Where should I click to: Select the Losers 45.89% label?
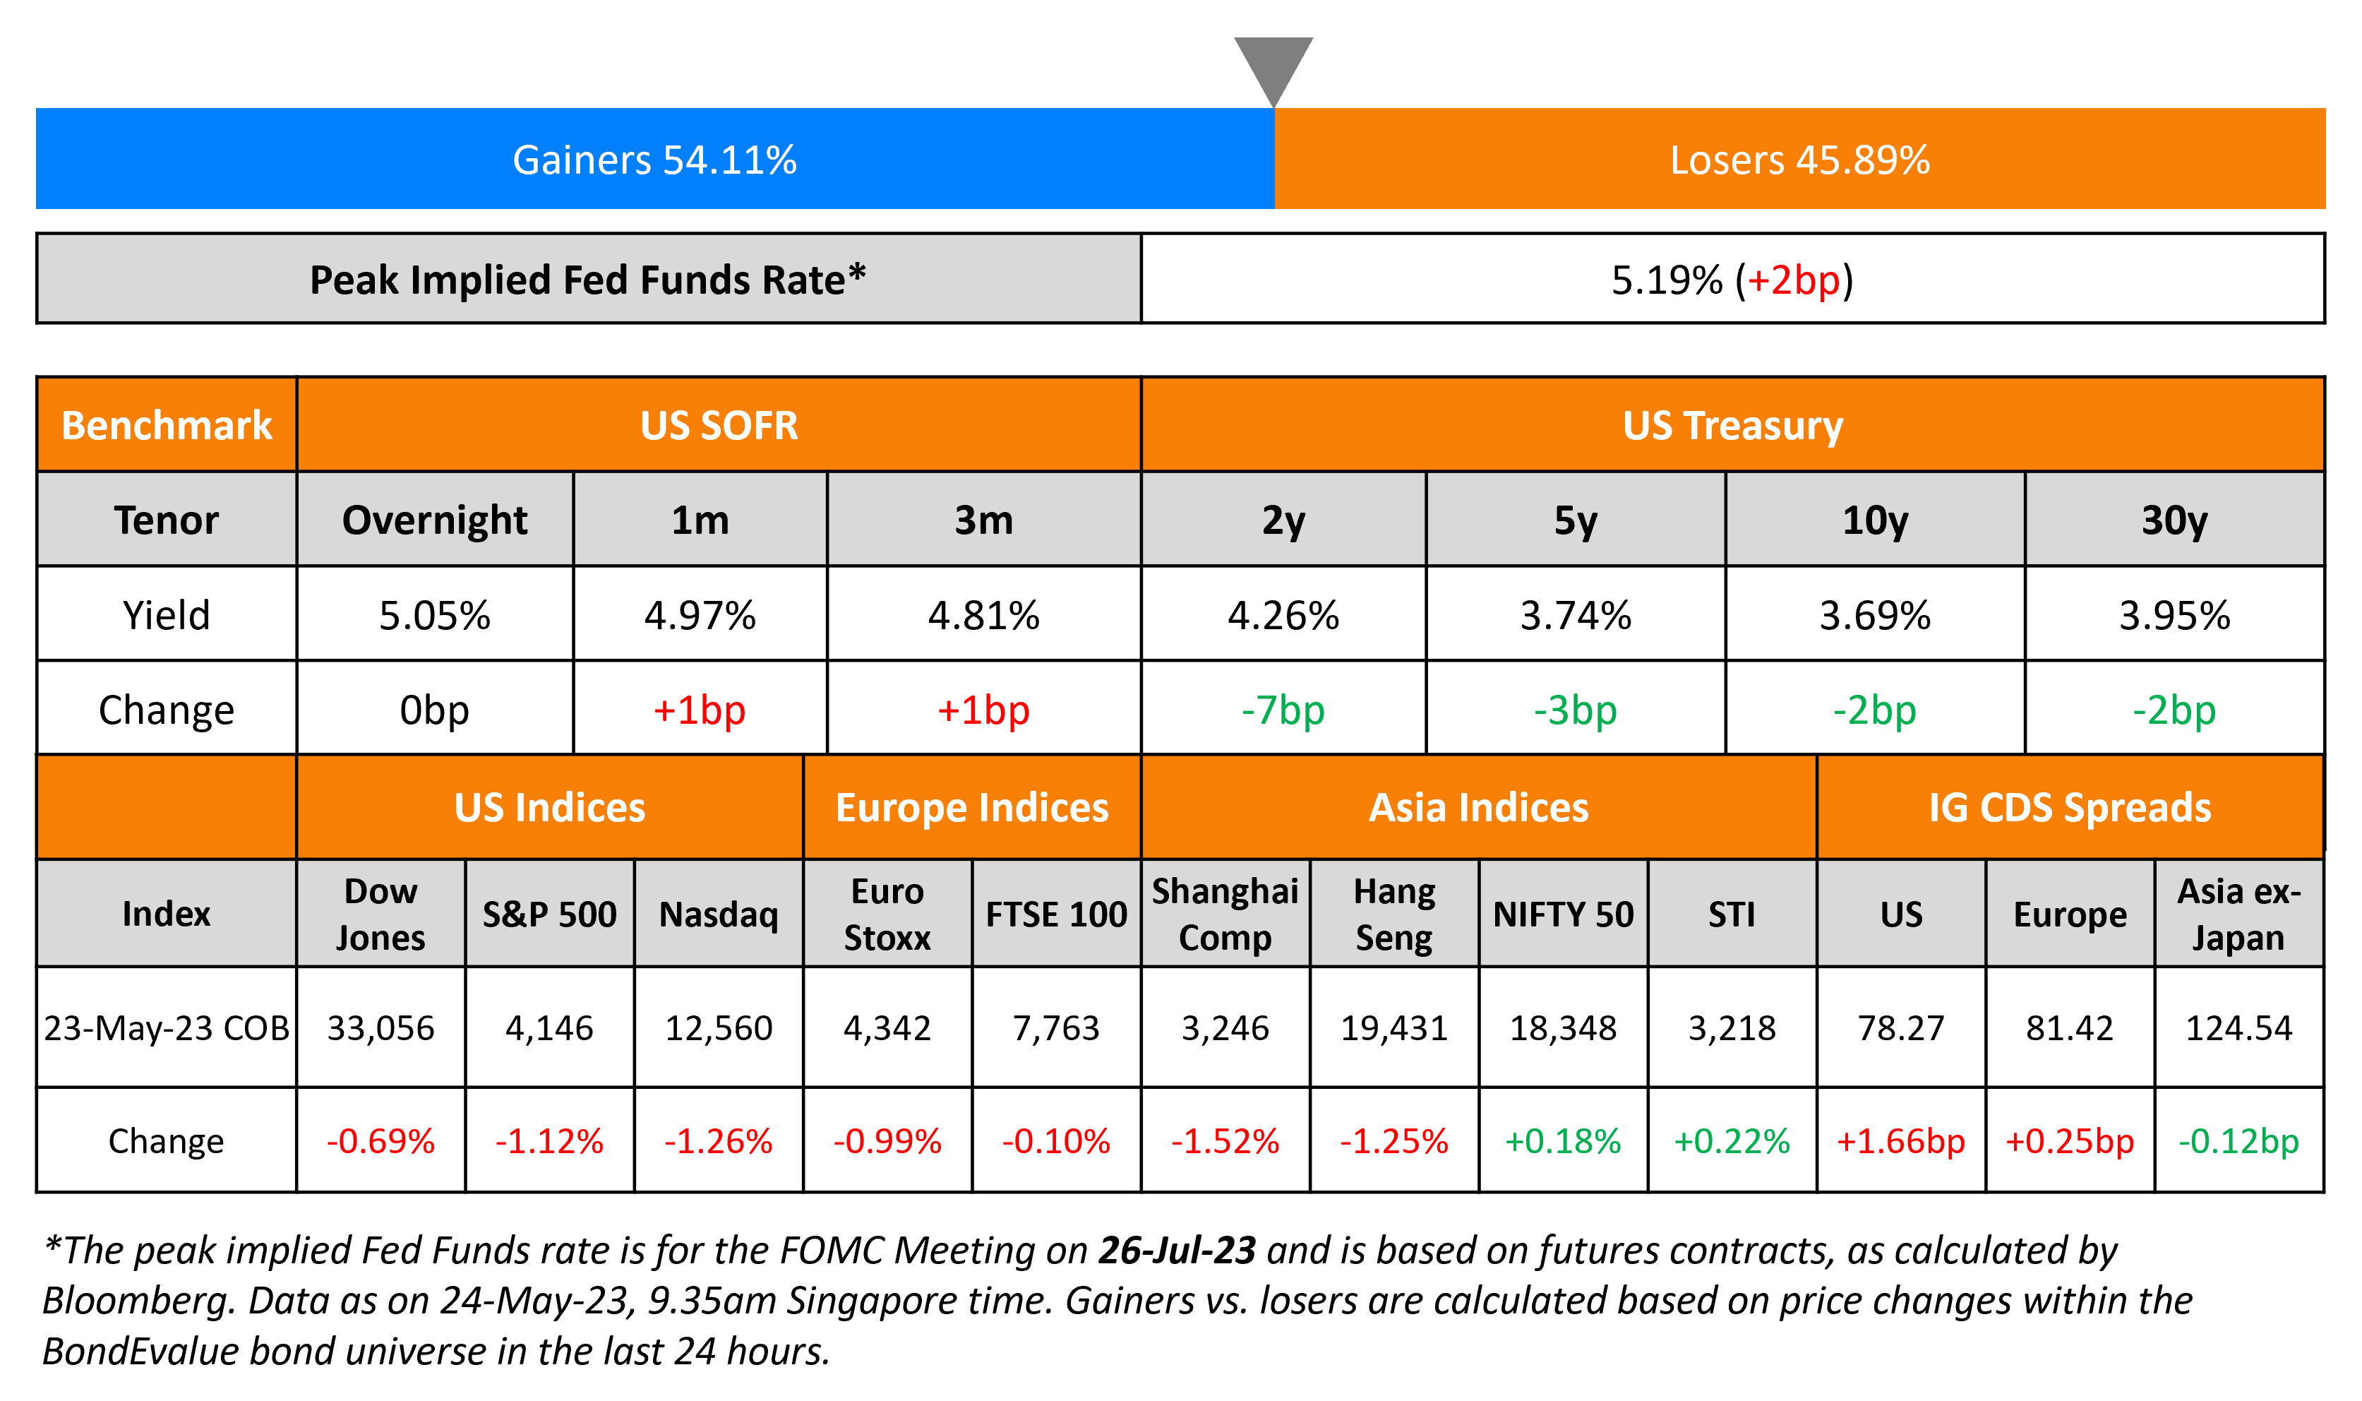[x=1799, y=160]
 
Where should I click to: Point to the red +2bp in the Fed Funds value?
[x=1793, y=280]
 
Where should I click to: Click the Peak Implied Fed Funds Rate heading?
[x=587, y=280]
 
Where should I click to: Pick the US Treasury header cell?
[x=1732, y=426]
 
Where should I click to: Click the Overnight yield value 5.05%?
[x=434, y=616]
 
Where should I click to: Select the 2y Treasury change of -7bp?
[x=1283, y=710]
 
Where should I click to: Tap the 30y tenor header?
[x=2174, y=520]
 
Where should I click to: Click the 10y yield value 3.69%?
[x=1874, y=616]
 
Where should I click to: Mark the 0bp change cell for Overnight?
[x=434, y=710]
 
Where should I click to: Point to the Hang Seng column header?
[x=1393, y=914]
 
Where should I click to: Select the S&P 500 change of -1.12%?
[x=549, y=1141]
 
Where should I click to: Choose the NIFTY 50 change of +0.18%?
[x=1563, y=1141]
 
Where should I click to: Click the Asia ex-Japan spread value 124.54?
[x=2238, y=1027]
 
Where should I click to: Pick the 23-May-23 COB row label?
[x=166, y=1027]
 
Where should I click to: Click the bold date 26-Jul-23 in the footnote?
[x=1176, y=1250]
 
